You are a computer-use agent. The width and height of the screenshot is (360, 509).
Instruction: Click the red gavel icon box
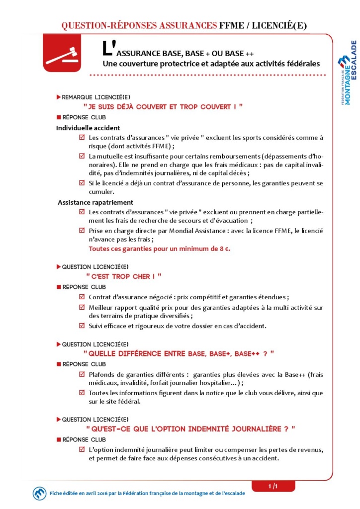tap(62, 57)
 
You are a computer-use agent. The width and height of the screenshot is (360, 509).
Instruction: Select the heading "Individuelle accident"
tap(88, 128)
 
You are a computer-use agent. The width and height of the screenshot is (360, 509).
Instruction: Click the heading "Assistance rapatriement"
tap(95, 202)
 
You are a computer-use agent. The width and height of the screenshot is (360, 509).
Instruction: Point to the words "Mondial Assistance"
tap(180, 231)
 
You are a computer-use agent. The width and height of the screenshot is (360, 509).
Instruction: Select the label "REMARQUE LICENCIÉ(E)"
tap(89, 96)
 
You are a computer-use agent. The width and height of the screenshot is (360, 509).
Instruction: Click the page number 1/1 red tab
tap(272, 485)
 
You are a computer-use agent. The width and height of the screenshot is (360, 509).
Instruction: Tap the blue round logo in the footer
tap(39, 493)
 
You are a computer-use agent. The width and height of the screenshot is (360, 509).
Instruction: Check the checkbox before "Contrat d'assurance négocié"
tap(82, 297)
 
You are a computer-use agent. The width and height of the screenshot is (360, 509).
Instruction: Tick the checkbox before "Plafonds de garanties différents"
tap(82, 374)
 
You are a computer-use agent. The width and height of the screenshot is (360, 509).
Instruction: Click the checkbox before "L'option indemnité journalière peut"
tap(82, 450)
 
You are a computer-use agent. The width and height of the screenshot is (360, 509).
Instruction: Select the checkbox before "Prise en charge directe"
tap(82, 231)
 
